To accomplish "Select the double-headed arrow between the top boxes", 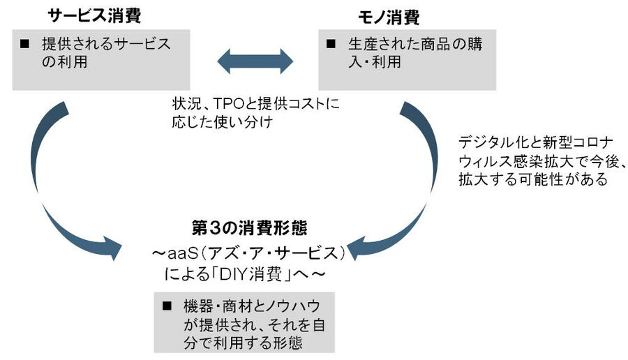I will pos(254,61).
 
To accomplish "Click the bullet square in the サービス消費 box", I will pos(25,44).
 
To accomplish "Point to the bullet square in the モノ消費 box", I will pos(332,44).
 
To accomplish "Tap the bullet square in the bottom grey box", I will pos(167,306).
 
